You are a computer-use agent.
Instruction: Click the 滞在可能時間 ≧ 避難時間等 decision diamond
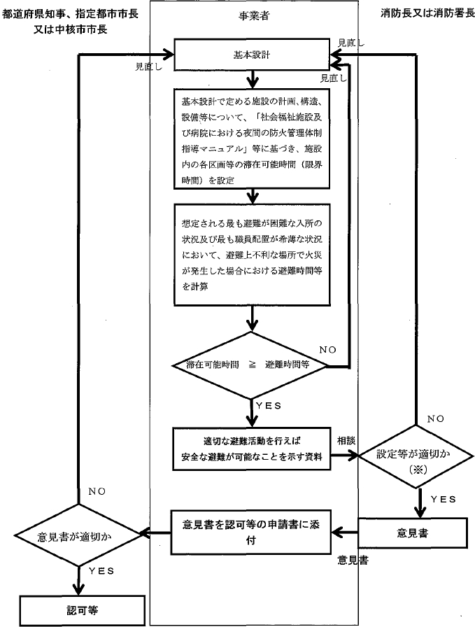pyautogui.click(x=253, y=366)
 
